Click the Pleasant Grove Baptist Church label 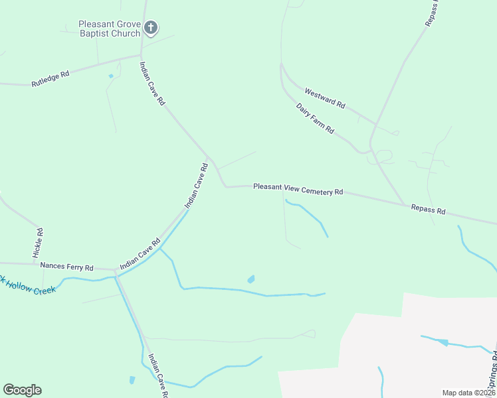[110, 29]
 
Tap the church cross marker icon [151, 28]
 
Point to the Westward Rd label [325, 99]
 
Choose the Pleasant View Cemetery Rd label [298, 189]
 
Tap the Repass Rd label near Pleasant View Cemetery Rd [428, 209]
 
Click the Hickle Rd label [39, 243]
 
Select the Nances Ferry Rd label [66, 266]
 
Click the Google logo [22, 390]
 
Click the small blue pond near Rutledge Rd [110, 76]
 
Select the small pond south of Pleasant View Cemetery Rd [251, 279]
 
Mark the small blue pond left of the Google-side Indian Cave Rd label [132, 380]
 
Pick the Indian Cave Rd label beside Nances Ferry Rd [140, 255]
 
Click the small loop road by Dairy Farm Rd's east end [383, 157]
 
